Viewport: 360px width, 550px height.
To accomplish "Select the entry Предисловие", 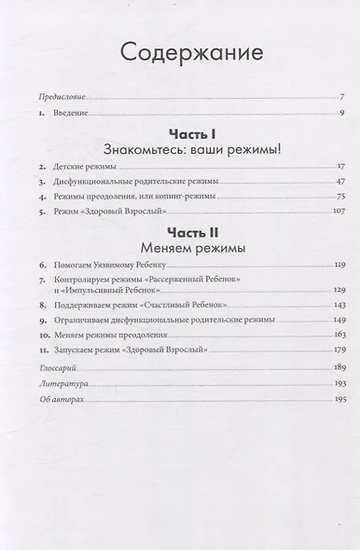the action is pos(58,96).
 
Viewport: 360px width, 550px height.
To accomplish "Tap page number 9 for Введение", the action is pos(342,112).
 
